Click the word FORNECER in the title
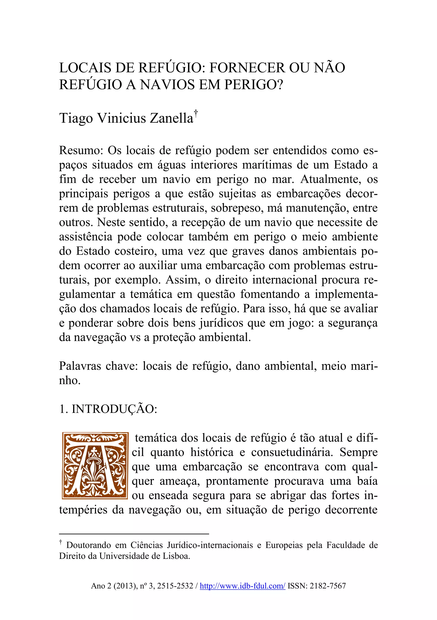(247, 68)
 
